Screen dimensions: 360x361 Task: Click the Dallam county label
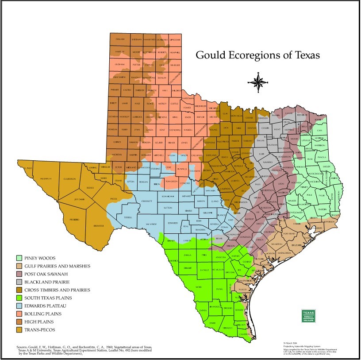tap(119, 39)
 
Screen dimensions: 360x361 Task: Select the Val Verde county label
tap(151, 224)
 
